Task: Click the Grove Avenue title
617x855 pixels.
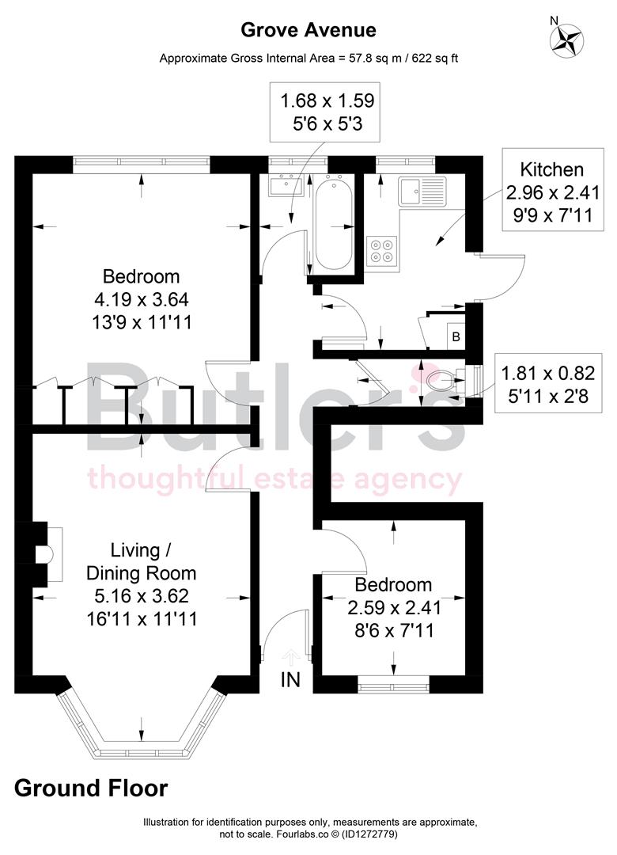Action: click(308, 30)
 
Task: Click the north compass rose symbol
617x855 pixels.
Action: click(567, 40)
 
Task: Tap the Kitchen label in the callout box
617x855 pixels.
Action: click(551, 169)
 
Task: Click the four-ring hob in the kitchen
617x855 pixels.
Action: click(381, 249)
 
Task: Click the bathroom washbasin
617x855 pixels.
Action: click(282, 186)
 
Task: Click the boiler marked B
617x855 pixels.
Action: click(455, 335)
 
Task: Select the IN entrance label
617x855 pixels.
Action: click(290, 680)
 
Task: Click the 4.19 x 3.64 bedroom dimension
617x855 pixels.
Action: click(142, 300)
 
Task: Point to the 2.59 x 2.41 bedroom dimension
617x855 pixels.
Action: click(393, 609)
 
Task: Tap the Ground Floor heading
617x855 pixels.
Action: click(91, 788)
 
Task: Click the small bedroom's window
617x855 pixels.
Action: click(393, 679)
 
